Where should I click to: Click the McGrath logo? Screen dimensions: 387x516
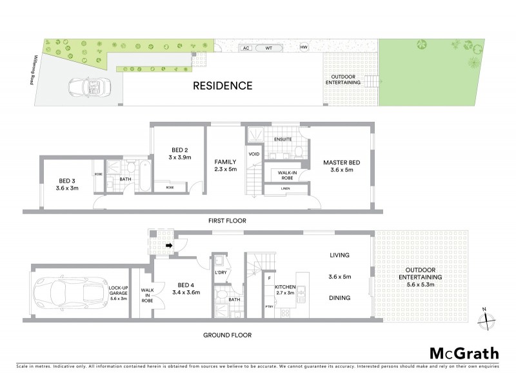463,353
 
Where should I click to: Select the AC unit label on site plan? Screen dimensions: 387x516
245,48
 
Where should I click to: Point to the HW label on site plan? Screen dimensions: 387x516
304,47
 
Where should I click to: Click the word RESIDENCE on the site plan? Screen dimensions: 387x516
221,85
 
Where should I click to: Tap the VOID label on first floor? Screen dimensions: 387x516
253,154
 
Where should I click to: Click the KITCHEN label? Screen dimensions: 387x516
284,287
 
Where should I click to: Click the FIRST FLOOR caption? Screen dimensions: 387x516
227,221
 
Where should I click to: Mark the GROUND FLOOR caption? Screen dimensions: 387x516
228,335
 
